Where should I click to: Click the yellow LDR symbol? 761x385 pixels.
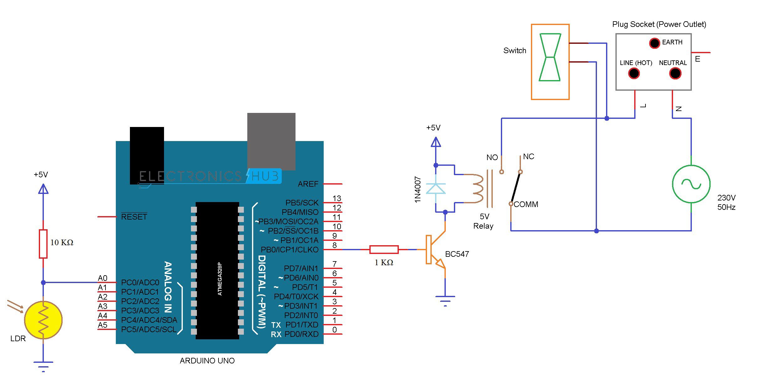coord(43,320)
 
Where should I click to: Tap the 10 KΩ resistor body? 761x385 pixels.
coord(43,244)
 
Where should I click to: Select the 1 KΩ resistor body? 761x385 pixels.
coord(384,249)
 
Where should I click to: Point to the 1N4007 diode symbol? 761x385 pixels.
coord(436,189)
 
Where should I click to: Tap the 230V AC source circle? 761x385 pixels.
coord(691,184)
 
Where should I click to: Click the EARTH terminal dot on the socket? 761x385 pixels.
coord(654,43)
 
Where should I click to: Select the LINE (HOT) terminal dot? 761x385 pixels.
coord(634,73)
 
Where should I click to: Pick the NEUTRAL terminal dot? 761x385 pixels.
coord(675,73)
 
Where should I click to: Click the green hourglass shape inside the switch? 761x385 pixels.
coord(550,57)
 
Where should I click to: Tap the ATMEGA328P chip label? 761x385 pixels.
coord(219,278)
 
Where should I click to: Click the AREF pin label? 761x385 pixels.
coord(308,184)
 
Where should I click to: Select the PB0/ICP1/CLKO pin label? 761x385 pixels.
coord(289,250)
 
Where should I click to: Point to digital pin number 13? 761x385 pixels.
coord(337,198)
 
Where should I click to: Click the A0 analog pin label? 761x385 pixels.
coord(102,278)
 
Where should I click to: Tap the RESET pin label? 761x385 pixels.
coord(134,217)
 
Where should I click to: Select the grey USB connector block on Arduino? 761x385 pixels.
coord(271,141)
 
